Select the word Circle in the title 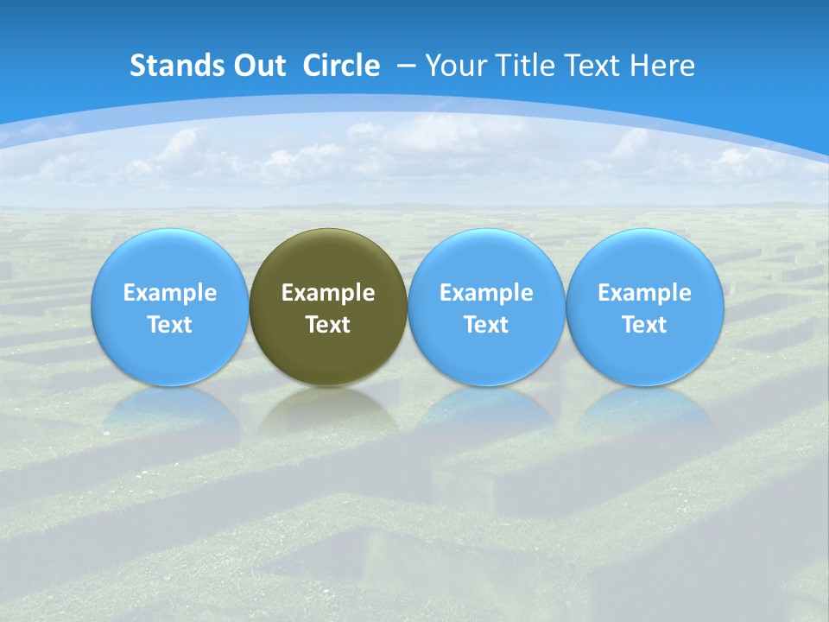click(x=341, y=66)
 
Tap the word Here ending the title click(x=663, y=66)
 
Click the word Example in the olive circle click(x=328, y=293)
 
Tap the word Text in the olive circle click(x=328, y=325)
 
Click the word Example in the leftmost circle click(x=169, y=293)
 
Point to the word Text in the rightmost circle click(x=644, y=325)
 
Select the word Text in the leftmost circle click(x=169, y=325)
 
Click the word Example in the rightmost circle click(x=644, y=293)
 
